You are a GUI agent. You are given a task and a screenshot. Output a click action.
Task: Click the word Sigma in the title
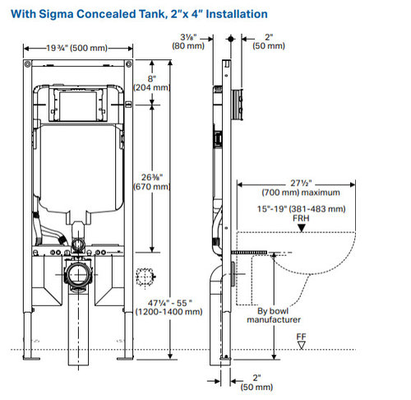56,14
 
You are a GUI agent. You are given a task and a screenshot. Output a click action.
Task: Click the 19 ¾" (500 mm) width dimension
76,48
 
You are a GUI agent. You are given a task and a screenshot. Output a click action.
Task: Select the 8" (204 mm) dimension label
151,83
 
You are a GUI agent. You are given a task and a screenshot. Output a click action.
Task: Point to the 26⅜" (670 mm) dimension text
152,182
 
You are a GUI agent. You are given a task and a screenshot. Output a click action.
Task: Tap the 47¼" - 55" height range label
169,307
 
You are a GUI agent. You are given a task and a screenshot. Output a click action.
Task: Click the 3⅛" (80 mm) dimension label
188,41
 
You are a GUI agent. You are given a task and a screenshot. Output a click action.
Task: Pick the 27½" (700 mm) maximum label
301,188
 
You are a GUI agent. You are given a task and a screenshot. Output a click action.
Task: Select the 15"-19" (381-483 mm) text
301,209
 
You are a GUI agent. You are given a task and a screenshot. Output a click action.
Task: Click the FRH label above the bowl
301,218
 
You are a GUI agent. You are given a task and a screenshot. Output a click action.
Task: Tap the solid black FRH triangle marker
302,227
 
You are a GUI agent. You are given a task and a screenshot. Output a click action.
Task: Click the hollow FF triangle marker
302,346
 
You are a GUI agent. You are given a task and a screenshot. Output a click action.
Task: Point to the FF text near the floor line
301,337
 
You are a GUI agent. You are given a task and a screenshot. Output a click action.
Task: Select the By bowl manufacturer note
274,315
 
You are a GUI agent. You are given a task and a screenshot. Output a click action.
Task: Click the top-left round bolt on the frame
27,64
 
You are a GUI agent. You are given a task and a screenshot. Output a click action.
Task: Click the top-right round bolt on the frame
128,64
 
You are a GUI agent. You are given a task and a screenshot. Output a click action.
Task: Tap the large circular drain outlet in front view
79,274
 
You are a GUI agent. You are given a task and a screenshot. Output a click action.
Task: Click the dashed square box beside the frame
145,277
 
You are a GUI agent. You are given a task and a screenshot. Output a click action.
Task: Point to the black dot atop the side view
231,39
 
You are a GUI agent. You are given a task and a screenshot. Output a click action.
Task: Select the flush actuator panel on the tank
78,105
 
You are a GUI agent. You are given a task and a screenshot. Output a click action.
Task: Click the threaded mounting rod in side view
249,253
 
